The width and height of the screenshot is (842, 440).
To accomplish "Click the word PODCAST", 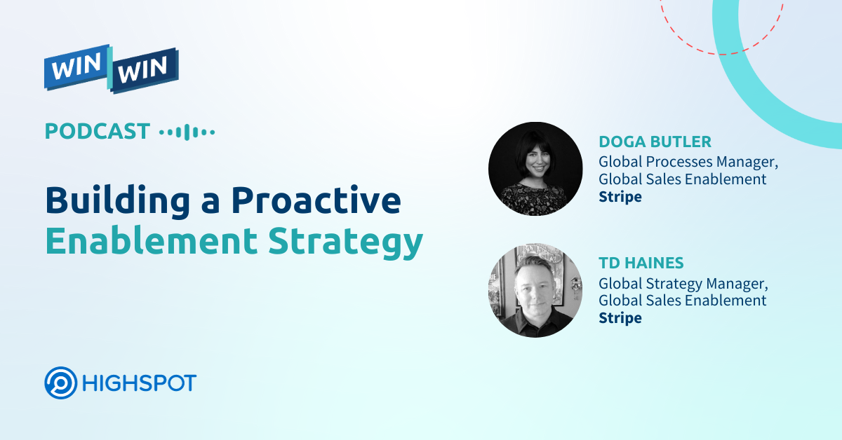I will pyautogui.click(x=98, y=131).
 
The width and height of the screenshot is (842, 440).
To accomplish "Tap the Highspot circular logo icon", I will pyautogui.click(x=61, y=383).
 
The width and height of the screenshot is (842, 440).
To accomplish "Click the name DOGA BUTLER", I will pyautogui.click(x=655, y=142).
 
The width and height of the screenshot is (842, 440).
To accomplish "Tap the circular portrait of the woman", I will pyautogui.click(x=535, y=169).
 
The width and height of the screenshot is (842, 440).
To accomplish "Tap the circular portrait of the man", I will pyautogui.click(x=535, y=290).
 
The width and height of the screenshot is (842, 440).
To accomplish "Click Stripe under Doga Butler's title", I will pyautogui.click(x=620, y=197).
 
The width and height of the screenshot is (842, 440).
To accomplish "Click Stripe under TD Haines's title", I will pyautogui.click(x=620, y=318).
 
